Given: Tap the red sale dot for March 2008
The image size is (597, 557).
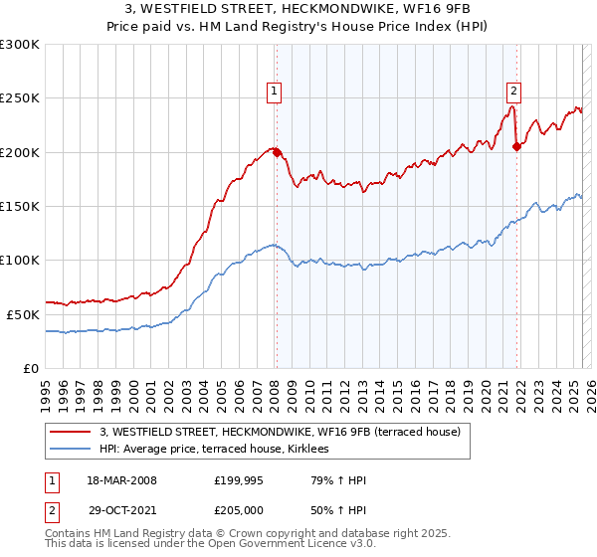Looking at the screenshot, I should (278, 153).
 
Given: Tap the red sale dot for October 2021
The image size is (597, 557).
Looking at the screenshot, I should (516, 147).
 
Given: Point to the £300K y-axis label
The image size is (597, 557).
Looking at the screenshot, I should (20, 45).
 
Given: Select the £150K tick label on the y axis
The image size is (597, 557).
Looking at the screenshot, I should (20, 206).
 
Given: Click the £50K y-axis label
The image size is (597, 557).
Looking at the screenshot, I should (24, 314).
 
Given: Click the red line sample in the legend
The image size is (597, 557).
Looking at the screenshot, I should (71, 433).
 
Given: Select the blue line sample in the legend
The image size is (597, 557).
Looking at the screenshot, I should (71, 450).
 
